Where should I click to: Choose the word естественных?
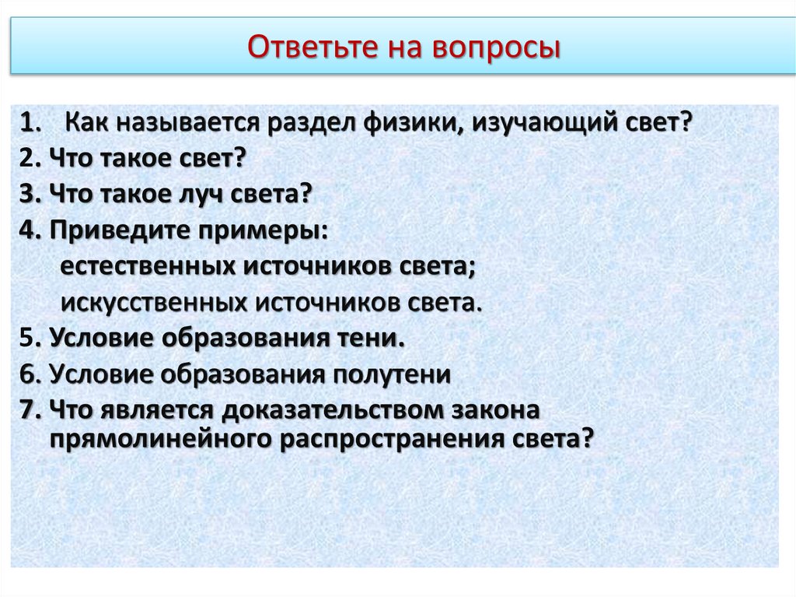coord(148,265)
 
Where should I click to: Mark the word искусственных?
coord(152,301)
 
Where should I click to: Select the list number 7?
coord(30,409)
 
